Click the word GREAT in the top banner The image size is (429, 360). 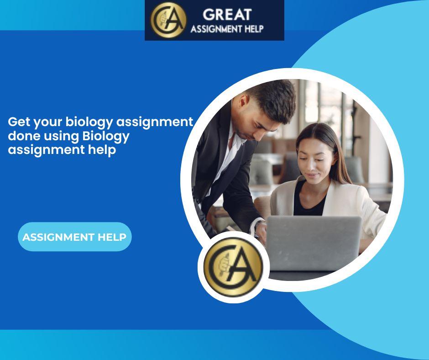pyautogui.click(x=227, y=15)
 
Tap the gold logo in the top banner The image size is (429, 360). pyautogui.click(x=168, y=20)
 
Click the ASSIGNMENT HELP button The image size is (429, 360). pyautogui.click(x=75, y=237)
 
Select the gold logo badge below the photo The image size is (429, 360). pyautogui.click(x=233, y=267)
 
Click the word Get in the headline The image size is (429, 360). pyautogui.click(x=19, y=122)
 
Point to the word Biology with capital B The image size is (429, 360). pyautogui.click(x=106, y=137)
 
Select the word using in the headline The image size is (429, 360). pyautogui.click(x=62, y=137)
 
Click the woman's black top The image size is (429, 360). pyautogui.click(x=309, y=201)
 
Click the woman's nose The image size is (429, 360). pyautogui.click(x=310, y=165)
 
